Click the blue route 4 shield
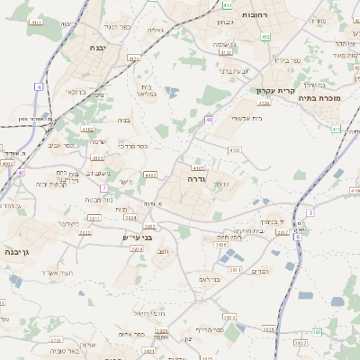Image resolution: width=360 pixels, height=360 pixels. coord(39,86)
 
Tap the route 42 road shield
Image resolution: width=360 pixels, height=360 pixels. coord(20,171)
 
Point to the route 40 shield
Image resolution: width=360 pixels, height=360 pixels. coord(208,119)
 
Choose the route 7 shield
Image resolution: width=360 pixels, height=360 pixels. coord(104,187)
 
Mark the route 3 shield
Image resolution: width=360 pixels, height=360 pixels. coord(310,212)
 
